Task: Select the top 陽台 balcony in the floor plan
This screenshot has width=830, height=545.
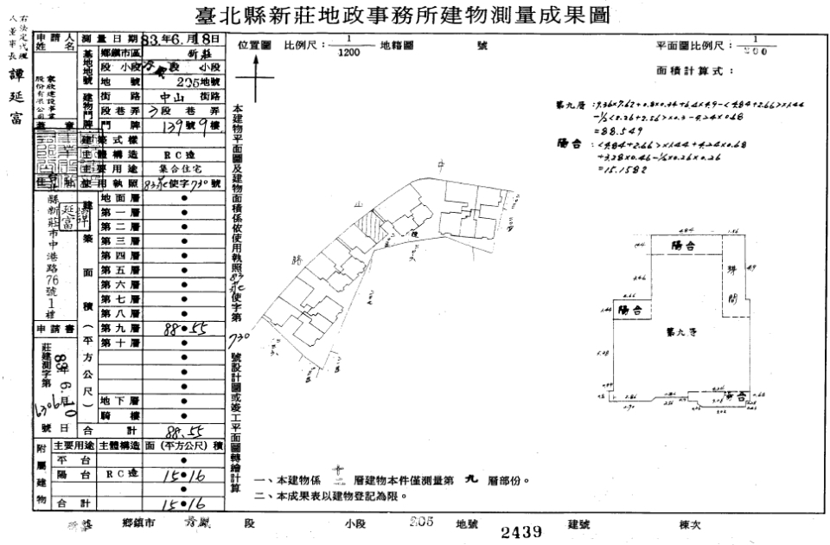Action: click(685, 245)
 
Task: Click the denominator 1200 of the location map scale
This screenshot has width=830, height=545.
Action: click(348, 53)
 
